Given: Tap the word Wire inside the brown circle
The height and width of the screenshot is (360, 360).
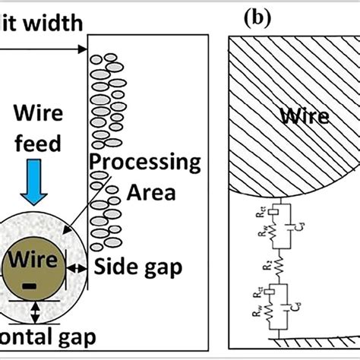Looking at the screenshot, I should [x=32, y=262].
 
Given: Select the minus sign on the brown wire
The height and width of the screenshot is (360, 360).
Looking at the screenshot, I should [x=29, y=286].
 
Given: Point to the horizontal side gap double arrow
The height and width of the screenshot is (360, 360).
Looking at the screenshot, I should [x=77, y=267].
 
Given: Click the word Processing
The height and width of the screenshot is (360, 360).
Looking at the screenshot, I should [x=144, y=162].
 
